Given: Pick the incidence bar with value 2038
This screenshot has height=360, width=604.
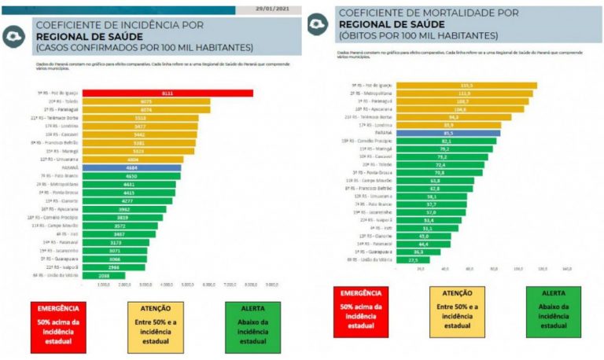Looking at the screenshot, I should point(103,276).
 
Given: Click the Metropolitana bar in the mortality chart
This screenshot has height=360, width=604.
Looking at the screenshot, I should point(464,93).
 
